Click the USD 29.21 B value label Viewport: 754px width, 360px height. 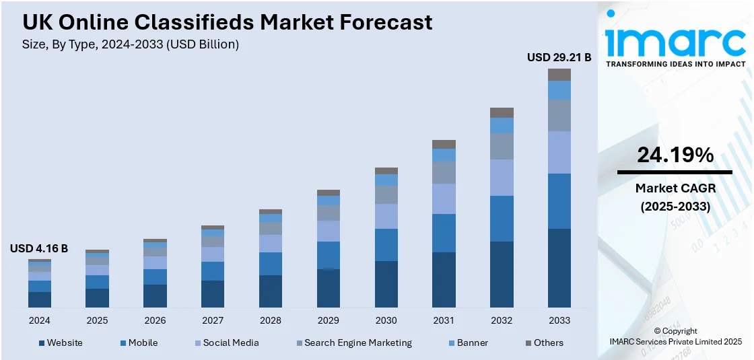[559, 58]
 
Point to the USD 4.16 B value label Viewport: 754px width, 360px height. [39, 248]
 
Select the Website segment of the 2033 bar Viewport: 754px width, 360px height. [559, 268]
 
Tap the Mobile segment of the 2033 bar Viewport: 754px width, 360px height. [559, 201]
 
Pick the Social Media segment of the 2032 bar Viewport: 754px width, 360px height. [502, 178]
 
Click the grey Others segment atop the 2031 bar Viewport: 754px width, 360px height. [444, 144]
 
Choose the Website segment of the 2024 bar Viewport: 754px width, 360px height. [40, 299]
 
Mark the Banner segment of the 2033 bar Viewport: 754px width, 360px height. [559, 90]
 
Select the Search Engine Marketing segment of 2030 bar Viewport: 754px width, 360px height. [386, 194]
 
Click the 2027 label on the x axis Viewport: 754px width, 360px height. [213, 320]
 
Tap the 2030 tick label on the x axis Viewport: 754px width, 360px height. [386, 320]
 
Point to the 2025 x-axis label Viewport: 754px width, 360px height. [97, 320]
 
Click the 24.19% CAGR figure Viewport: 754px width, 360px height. [675, 155]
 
